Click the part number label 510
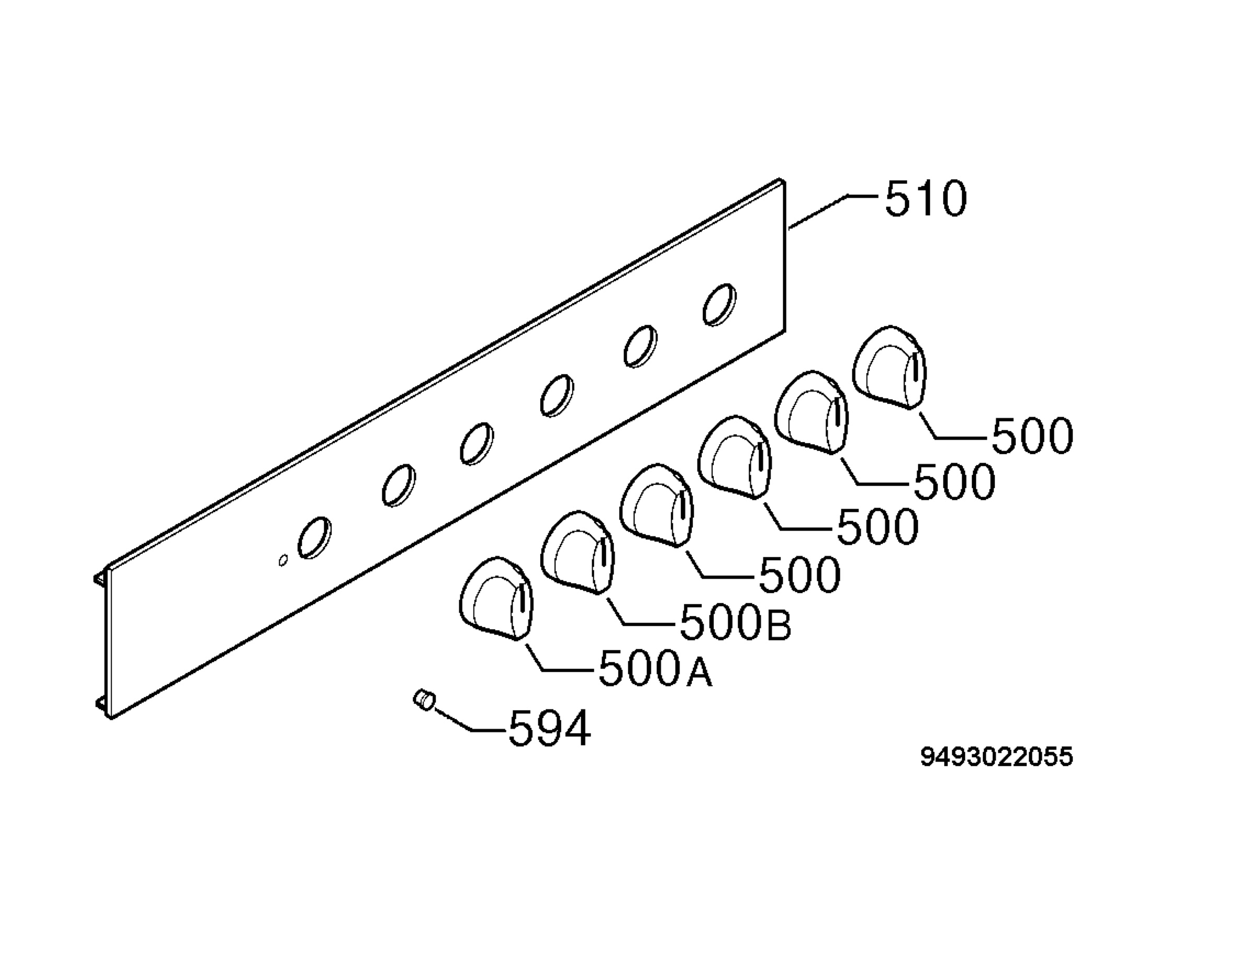[926, 199]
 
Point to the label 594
[549, 729]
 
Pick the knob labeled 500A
[496, 598]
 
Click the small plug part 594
[424, 699]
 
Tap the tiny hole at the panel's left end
[283, 561]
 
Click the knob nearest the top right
[889, 368]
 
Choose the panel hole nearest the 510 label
[719, 305]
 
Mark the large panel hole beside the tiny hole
[315, 538]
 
